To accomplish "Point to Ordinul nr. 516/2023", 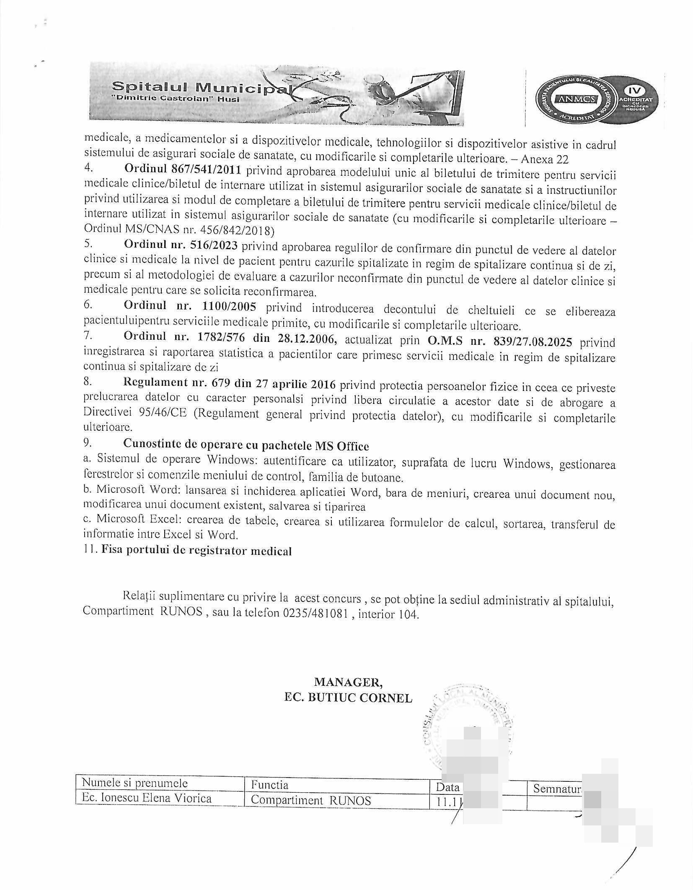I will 181,246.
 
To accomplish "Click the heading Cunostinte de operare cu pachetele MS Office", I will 246,445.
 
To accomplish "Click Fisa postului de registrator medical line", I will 196,550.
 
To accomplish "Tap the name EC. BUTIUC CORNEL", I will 348,697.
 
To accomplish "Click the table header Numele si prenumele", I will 134,783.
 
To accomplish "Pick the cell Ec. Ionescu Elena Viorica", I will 147,798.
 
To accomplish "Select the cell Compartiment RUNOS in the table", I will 311,800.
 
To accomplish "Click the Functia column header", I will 269,785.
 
